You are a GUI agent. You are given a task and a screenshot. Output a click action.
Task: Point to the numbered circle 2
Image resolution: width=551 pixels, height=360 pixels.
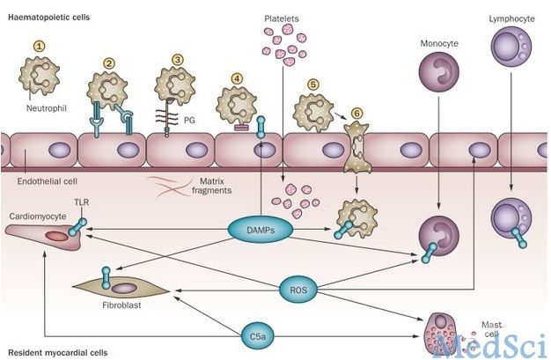tap(109, 63)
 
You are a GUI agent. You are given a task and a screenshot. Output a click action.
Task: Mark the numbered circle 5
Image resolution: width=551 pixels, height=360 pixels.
tap(312, 84)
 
